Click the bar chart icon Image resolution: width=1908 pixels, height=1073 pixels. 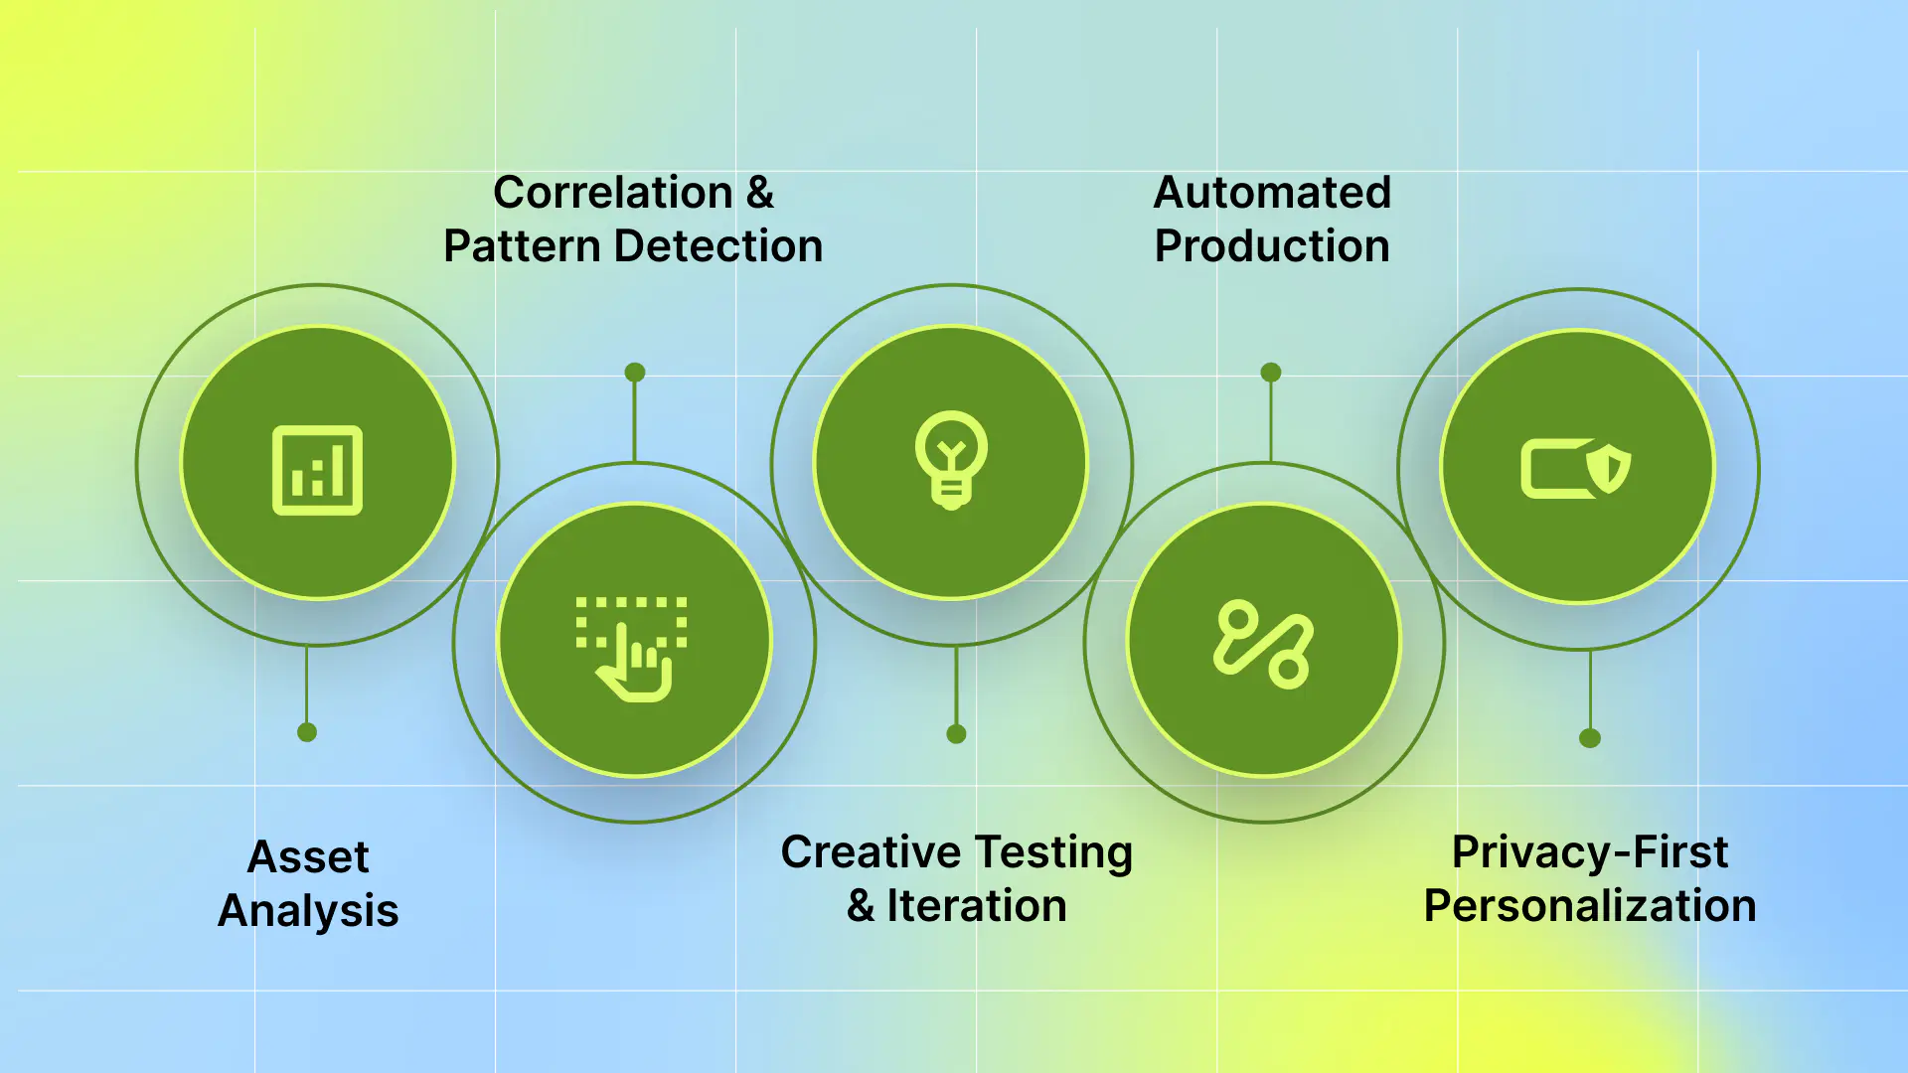click(317, 470)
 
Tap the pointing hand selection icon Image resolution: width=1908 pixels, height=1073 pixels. click(632, 649)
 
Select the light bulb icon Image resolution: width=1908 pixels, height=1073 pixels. click(952, 460)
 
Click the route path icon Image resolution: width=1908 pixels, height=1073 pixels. click(1263, 644)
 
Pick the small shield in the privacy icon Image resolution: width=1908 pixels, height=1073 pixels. click(1608, 469)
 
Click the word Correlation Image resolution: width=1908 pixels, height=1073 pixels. click(613, 193)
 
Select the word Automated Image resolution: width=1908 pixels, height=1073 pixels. click(1272, 193)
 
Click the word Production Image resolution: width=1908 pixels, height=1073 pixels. click(1272, 246)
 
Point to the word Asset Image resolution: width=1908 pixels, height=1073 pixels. click(308, 857)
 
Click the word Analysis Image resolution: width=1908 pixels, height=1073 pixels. click(308, 911)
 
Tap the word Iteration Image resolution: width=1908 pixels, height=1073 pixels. click(976, 906)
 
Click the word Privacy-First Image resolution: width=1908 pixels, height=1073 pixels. click(1590, 852)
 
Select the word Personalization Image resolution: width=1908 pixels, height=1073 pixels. click(1590, 906)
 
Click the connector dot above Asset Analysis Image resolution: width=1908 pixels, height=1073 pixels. click(307, 732)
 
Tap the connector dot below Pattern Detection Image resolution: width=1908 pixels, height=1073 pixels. click(635, 373)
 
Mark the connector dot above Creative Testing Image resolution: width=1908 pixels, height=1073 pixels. click(956, 734)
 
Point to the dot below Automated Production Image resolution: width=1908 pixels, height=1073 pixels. click(1271, 373)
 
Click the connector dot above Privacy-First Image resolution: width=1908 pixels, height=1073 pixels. click(1590, 738)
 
